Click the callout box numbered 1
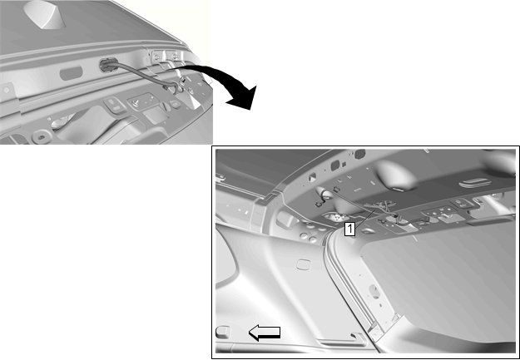[x=350, y=229]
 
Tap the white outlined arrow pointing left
[x=265, y=333]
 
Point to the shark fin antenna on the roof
[x=45, y=15]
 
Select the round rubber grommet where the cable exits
[x=107, y=65]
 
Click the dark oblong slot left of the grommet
[x=71, y=72]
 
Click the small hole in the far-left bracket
[x=6, y=90]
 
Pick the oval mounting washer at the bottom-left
[x=41, y=136]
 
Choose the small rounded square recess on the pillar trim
[x=303, y=264]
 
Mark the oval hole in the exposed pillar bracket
[x=374, y=291]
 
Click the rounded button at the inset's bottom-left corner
[x=222, y=332]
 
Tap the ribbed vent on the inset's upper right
[x=474, y=183]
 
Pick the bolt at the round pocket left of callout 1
[x=337, y=217]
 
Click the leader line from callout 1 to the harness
[x=365, y=216]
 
